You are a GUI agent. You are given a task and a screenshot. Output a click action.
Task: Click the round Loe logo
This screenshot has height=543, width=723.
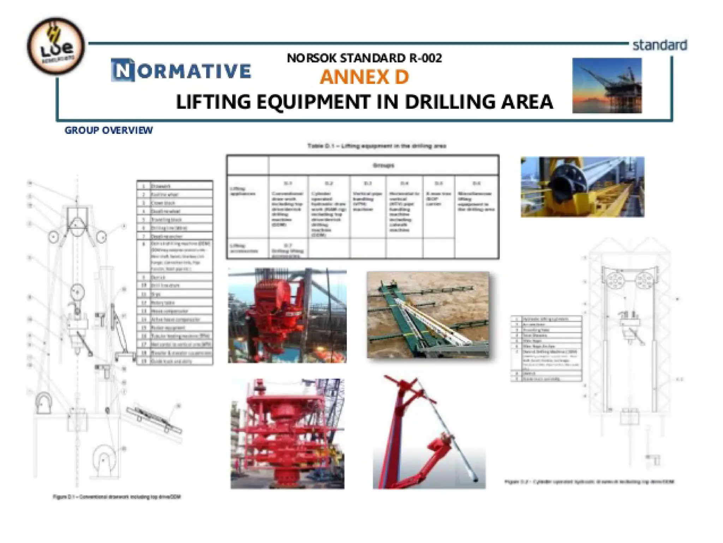[56, 46]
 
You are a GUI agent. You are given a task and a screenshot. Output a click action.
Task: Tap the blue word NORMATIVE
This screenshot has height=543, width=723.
[181, 71]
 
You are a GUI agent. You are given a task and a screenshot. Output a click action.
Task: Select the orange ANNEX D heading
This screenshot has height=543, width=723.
[364, 77]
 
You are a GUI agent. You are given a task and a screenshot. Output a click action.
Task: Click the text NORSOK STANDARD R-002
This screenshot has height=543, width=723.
[364, 58]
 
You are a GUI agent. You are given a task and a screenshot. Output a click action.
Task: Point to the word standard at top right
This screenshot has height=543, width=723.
[659, 45]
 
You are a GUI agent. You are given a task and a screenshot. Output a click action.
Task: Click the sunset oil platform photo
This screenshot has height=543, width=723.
[607, 85]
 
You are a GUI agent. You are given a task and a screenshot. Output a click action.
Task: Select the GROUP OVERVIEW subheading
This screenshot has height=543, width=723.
[109, 130]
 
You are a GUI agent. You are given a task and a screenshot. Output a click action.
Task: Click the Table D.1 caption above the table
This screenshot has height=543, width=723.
[377, 146]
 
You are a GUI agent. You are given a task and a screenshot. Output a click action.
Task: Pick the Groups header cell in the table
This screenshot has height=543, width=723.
[383, 165]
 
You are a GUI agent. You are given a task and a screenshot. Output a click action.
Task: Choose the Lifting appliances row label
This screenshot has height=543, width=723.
[243, 191]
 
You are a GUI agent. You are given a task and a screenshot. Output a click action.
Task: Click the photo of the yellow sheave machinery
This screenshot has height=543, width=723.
[582, 187]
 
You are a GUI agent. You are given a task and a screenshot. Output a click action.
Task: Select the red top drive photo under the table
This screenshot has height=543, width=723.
[287, 315]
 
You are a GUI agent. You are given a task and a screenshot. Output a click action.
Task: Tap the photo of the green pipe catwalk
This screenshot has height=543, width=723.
[428, 315]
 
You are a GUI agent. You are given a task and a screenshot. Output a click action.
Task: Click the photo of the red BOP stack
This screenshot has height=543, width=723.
[287, 434]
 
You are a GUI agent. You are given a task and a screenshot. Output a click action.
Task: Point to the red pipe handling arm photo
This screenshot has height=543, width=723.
[429, 433]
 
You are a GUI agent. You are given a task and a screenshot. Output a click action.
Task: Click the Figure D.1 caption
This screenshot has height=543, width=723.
[117, 497]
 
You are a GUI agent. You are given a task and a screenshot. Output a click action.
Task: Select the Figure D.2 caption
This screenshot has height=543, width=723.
[589, 482]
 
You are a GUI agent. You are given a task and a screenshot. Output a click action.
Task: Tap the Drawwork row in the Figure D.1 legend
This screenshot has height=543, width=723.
[175, 186]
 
